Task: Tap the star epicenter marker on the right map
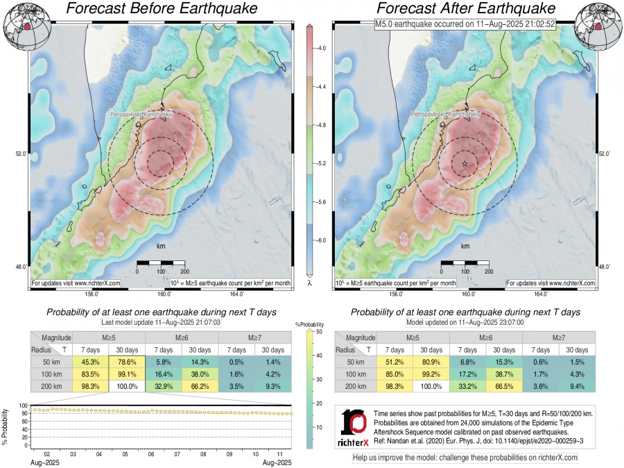tap(465, 162)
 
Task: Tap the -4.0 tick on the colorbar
tap(322, 49)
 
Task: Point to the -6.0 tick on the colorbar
tap(322, 240)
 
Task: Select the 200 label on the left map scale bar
tap(184, 271)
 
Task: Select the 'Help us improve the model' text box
tap(465, 458)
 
